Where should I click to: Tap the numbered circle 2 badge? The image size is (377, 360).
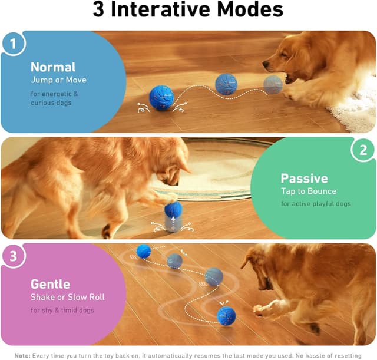(363, 150)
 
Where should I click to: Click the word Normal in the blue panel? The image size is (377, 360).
(53, 67)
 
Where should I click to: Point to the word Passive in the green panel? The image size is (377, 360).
(304, 178)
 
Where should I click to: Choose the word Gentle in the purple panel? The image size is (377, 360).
(50, 285)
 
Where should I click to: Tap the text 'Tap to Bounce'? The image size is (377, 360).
(309, 191)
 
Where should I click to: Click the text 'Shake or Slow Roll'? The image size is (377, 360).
(68, 297)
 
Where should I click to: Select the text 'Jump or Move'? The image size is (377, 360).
(58, 80)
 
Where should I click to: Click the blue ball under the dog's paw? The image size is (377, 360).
(173, 209)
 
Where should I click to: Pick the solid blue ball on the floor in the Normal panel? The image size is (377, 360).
(161, 98)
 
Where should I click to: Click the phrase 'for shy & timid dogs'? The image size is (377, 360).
(63, 310)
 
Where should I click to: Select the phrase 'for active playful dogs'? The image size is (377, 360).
(316, 204)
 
